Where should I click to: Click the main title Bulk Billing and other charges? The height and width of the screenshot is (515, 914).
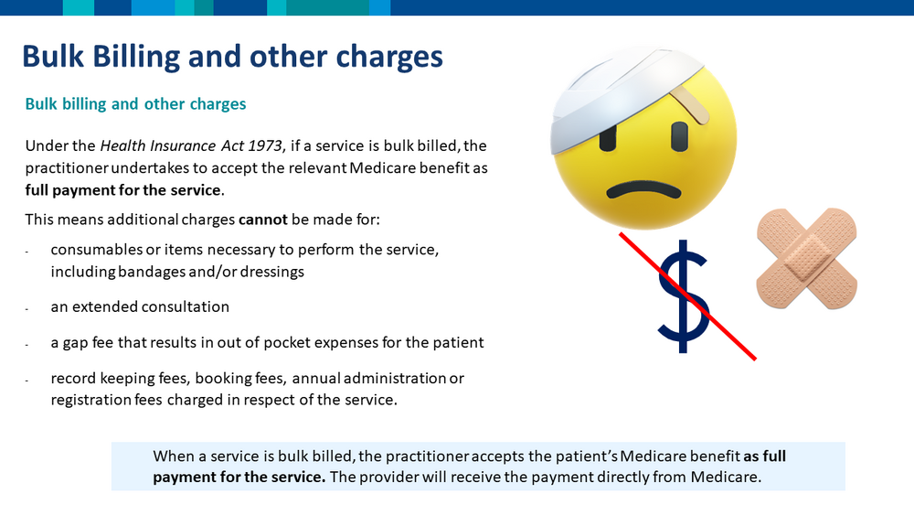(232, 57)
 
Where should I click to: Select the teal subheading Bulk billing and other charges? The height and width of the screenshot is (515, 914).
(135, 103)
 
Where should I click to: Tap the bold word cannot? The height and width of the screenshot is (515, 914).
(263, 220)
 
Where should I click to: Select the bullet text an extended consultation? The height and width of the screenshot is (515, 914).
(140, 306)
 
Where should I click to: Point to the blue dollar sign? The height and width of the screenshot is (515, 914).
(684, 295)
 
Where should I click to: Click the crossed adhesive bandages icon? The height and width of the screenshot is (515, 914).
(807, 258)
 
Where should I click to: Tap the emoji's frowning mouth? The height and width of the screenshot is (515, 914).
(643, 189)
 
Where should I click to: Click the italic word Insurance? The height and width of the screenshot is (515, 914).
(183, 145)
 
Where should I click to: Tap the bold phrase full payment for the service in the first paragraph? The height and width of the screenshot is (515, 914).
(123, 190)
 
